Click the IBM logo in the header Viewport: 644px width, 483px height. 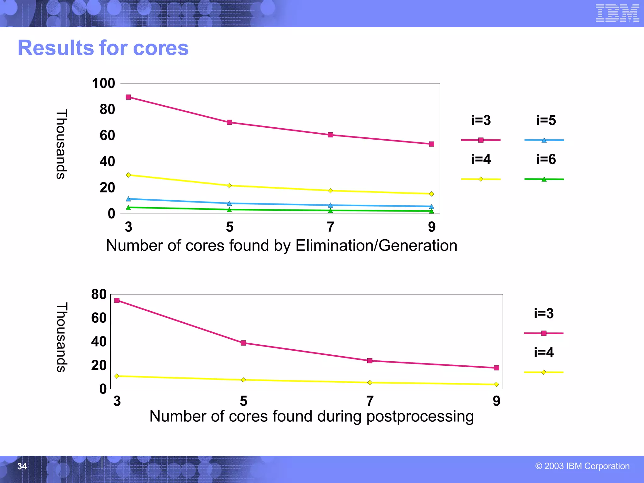point(617,13)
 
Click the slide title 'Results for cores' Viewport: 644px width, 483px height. point(103,48)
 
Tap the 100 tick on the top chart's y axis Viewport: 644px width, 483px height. point(103,84)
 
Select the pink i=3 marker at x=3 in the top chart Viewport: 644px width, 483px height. point(128,97)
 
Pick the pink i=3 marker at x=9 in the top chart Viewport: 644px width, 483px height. point(431,144)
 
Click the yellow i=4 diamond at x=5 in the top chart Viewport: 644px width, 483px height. point(229,186)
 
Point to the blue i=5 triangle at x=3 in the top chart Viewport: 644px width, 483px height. point(128,199)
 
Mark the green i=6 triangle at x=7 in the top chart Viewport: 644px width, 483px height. point(330,210)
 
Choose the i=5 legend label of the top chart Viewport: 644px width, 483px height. point(546,120)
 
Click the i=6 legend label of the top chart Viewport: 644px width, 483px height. point(546,159)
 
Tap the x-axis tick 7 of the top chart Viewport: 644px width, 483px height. point(330,227)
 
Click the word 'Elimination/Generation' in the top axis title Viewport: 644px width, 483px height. point(376,246)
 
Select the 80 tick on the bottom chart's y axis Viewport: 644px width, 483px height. point(99,295)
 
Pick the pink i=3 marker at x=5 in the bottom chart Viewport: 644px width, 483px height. point(243,343)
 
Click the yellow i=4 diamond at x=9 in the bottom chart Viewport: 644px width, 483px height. point(496,384)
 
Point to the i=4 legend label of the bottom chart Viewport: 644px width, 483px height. point(544,353)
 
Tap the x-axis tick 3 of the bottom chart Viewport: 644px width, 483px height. point(117,401)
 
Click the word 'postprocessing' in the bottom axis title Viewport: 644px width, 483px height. point(420,417)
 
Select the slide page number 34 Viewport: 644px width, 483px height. point(22,466)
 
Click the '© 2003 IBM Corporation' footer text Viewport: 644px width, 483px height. point(582,466)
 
